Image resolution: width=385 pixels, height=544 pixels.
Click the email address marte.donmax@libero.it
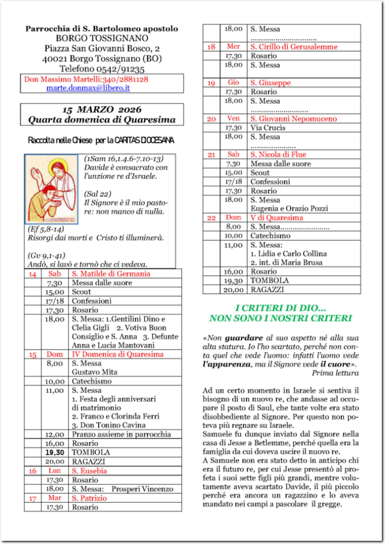click(88, 88)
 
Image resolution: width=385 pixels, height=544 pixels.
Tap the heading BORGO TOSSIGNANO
click(102, 39)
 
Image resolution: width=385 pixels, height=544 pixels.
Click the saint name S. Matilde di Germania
click(111, 274)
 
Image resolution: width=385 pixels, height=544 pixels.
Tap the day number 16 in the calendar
click(32, 471)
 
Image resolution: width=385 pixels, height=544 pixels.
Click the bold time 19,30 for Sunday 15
click(55, 452)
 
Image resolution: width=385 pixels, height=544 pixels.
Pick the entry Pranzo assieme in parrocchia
click(121, 434)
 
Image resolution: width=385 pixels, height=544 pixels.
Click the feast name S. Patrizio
click(90, 498)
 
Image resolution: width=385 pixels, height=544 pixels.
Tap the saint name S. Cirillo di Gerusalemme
click(294, 47)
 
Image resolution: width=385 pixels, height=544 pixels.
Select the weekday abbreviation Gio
click(233, 83)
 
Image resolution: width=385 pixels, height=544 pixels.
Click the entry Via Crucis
click(268, 127)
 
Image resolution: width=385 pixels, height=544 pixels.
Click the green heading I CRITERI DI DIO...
click(281, 308)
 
